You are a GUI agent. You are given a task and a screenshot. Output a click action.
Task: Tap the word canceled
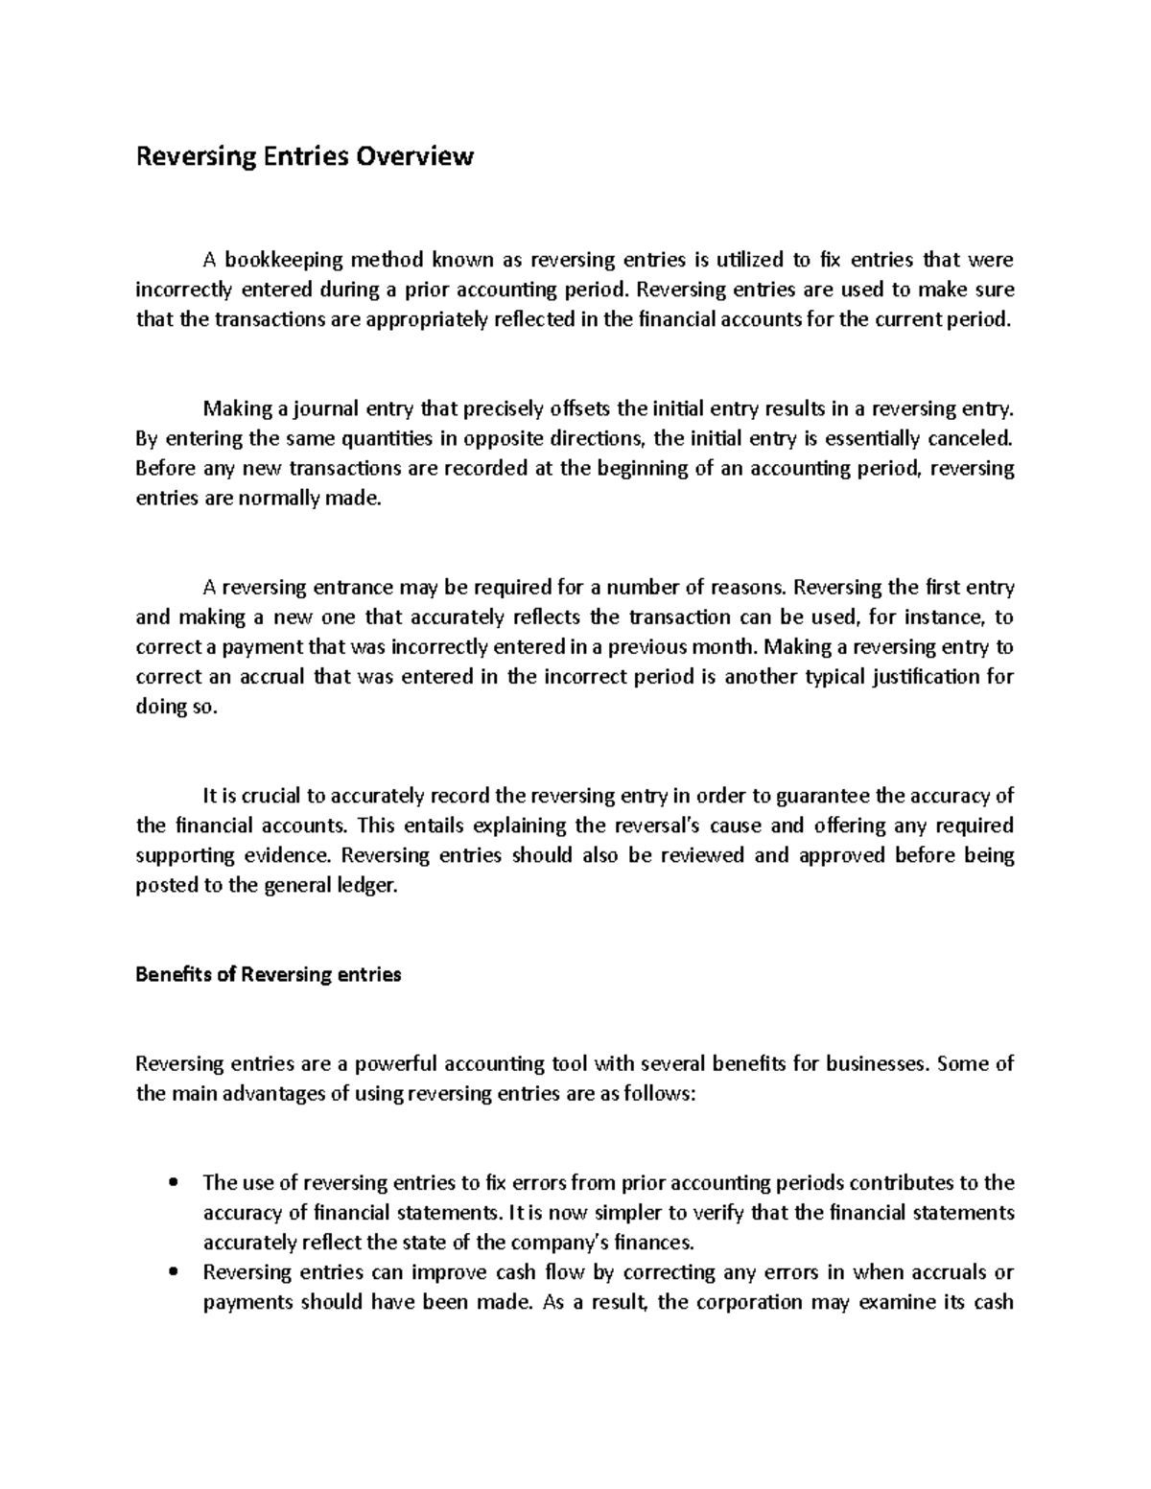click(x=969, y=439)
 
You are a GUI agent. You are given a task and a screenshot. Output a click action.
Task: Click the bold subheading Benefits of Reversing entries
click(x=269, y=975)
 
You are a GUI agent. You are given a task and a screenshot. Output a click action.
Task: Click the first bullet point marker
click(x=174, y=1182)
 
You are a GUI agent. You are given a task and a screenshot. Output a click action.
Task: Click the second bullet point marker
click(x=174, y=1272)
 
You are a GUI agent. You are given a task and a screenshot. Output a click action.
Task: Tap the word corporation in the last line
click(x=749, y=1302)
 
